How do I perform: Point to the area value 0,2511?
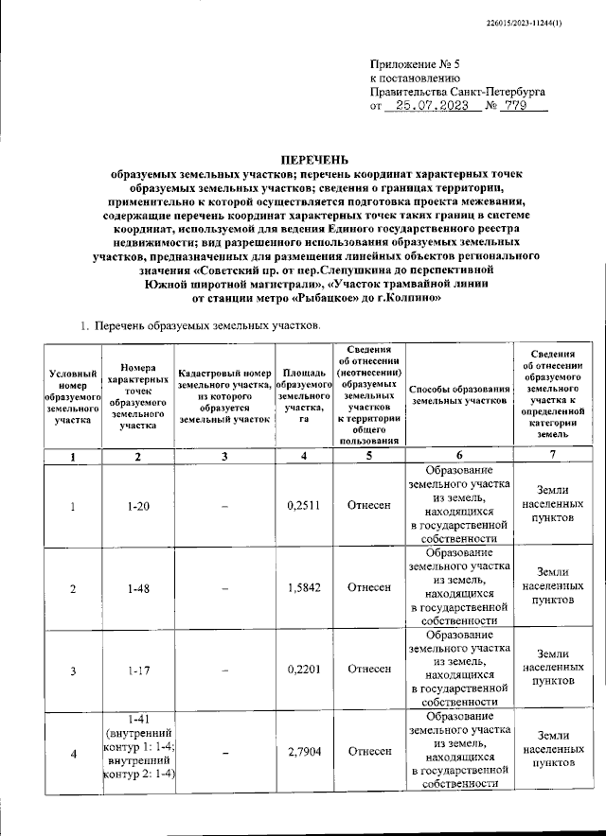303,506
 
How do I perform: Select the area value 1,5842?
303,587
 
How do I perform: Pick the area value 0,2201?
303,670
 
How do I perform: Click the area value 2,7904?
303,751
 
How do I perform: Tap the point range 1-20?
138,506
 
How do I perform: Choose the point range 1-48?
138,587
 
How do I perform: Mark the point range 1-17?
138,670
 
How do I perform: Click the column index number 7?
553,456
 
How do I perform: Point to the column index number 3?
225,456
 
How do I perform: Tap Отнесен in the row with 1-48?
368,587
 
